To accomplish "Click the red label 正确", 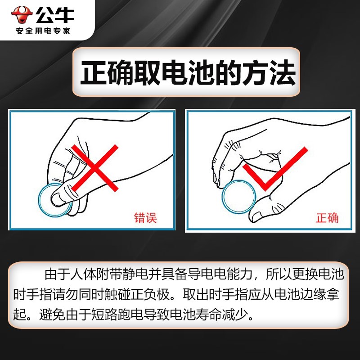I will click(327, 218).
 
